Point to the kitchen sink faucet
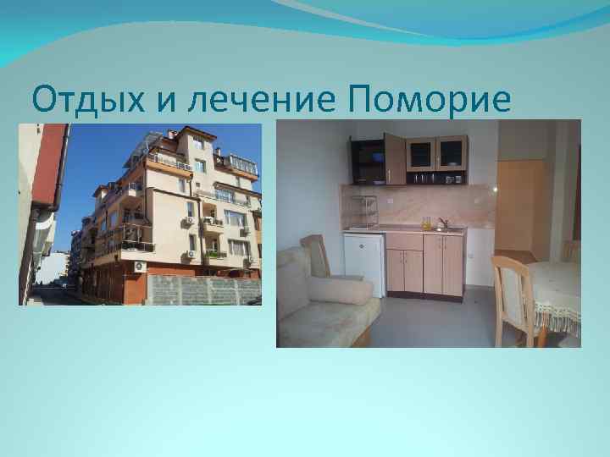(441, 223)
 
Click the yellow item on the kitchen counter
(427, 223)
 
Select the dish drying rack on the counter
(363, 211)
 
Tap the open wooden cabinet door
(395, 158)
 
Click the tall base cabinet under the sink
(443, 265)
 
